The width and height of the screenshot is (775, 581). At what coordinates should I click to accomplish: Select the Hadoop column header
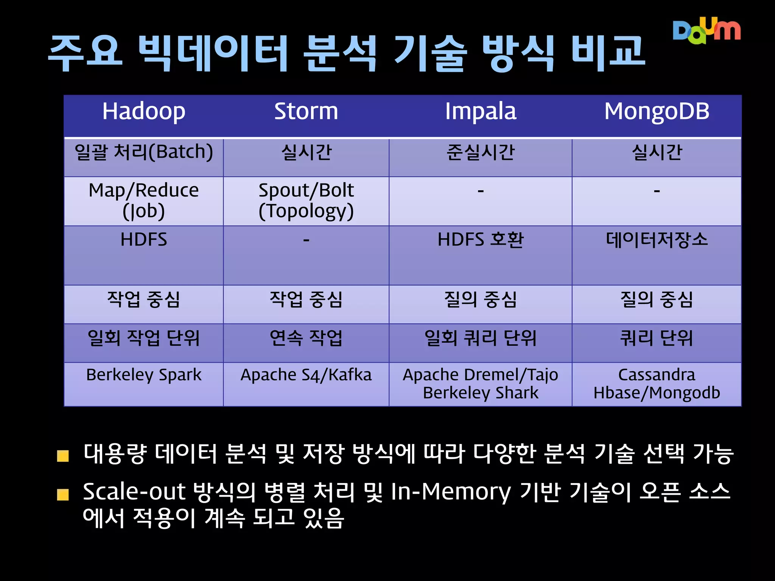(x=144, y=112)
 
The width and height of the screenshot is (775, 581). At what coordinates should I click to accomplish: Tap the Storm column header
(x=306, y=112)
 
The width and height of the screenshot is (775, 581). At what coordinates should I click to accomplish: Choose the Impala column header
(x=480, y=112)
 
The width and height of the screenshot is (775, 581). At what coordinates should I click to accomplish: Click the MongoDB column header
(x=657, y=112)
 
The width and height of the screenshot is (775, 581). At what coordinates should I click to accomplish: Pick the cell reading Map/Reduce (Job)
(x=144, y=200)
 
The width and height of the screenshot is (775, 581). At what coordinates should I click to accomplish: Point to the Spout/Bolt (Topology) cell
(x=306, y=200)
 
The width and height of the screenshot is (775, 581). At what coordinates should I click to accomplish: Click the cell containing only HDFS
(x=144, y=240)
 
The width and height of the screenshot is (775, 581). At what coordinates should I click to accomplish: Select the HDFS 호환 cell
(x=480, y=240)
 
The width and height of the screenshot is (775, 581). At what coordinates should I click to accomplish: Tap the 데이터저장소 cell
(x=657, y=240)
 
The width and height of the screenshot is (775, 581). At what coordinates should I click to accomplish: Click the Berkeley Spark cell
(x=144, y=375)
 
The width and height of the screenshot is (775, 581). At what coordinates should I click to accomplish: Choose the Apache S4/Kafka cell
(x=306, y=375)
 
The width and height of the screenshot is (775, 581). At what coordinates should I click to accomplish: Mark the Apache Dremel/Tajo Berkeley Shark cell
(x=480, y=384)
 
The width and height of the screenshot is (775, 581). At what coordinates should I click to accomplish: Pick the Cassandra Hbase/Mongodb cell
(x=657, y=384)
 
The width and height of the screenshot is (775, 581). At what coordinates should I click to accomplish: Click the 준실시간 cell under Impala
(x=480, y=153)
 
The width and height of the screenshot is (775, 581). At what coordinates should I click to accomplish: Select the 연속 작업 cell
(x=306, y=338)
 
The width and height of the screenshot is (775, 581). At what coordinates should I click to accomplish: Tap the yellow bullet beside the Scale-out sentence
(x=63, y=494)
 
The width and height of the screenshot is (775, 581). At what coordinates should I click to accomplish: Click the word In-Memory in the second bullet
(x=450, y=492)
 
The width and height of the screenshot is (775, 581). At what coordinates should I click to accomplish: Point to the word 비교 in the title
(x=608, y=53)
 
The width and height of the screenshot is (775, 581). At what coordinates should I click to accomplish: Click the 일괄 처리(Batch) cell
(x=144, y=153)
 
